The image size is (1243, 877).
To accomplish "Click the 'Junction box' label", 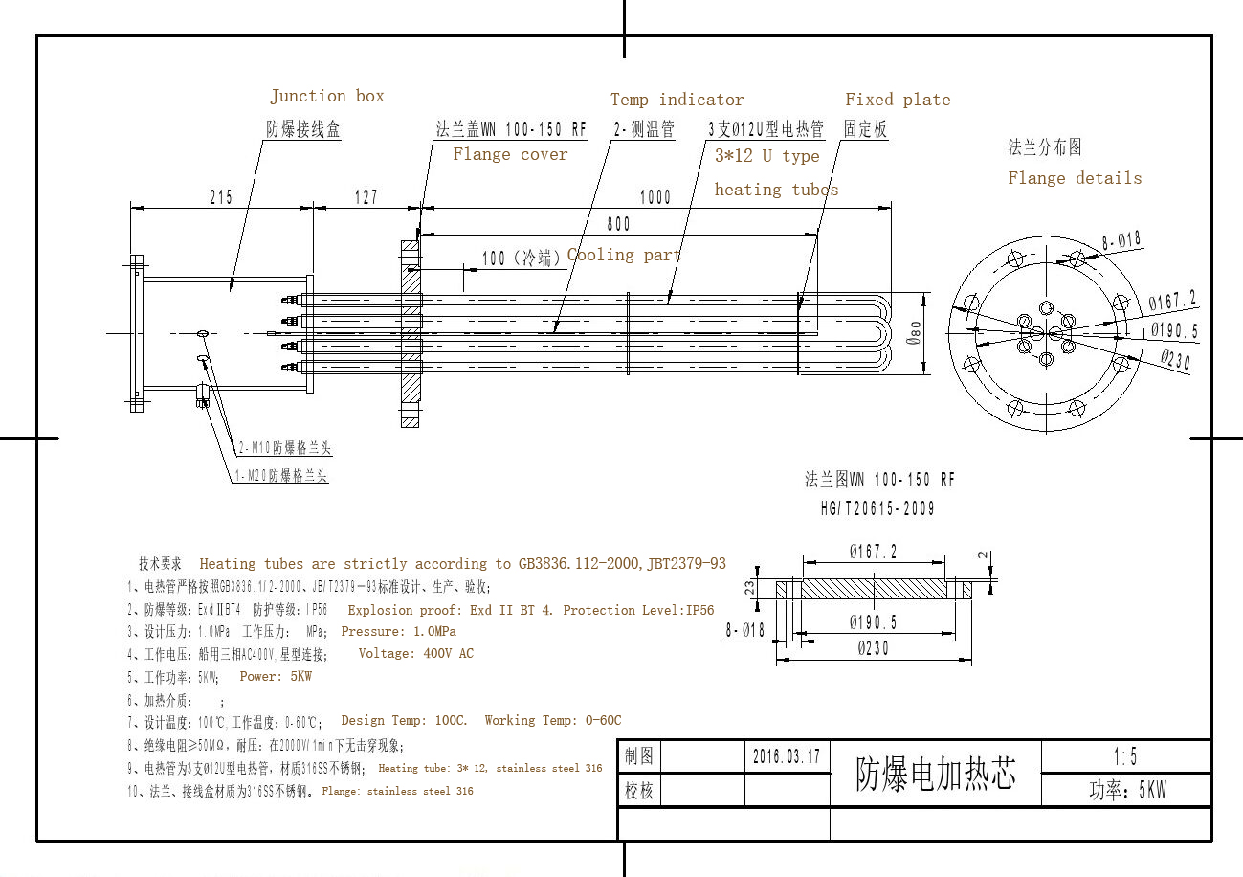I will [x=327, y=96].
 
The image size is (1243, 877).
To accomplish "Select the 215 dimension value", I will [x=221, y=197].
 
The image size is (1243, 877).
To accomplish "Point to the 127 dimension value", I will [x=366, y=197].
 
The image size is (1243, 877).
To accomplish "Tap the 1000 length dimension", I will [x=655, y=197].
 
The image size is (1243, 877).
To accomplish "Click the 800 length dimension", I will [x=618, y=224].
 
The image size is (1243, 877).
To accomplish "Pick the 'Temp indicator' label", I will [x=677, y=100].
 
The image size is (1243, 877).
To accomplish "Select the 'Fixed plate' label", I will [x=898, y=100].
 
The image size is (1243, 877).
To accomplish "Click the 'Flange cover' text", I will [x=510, y=154].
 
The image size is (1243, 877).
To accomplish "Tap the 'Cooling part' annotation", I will [x=624, y=255].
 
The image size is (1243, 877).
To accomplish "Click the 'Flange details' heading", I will [x=1074, y=178].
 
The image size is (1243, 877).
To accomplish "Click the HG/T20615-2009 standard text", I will [x=877, y=508].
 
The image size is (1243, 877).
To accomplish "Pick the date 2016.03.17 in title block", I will [x=787, y=756].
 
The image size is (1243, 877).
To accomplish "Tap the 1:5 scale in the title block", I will [x=1125, y=756].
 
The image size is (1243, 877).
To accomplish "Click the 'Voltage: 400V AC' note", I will [x=415, y=653].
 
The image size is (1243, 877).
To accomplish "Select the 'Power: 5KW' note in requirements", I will [x=276, y=676].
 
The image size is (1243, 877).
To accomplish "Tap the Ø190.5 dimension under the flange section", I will [x=873, y=622].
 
